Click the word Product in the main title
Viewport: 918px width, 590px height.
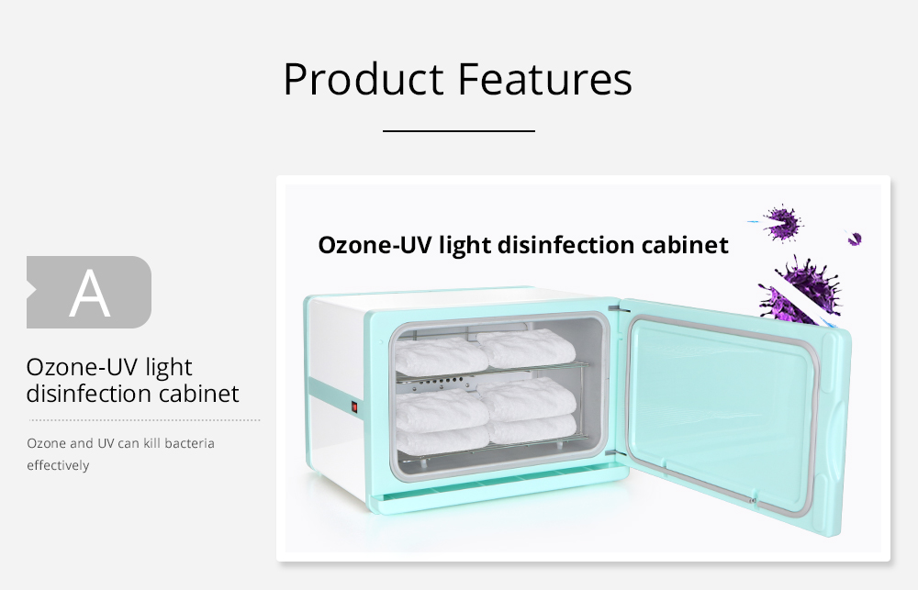[x=364, y=78]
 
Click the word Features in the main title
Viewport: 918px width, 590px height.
[x=545, y=78]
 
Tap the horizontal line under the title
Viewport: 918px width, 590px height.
[x=459, y=131]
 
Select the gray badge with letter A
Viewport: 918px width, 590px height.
[x=89, y=292]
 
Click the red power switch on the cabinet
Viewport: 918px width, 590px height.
[x=354, y=406]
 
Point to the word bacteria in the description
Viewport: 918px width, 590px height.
[x=190, y=443]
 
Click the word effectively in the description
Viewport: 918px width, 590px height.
[x=58, y=465]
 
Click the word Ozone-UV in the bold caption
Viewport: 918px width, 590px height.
[x=375, y=245]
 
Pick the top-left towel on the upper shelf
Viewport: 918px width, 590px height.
[x=441, y=355]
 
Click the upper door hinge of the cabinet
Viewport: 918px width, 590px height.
[x=617, y=308]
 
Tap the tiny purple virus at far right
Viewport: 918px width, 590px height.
[x=854, y=239]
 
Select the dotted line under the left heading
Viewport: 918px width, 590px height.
[x=145, y=419]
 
